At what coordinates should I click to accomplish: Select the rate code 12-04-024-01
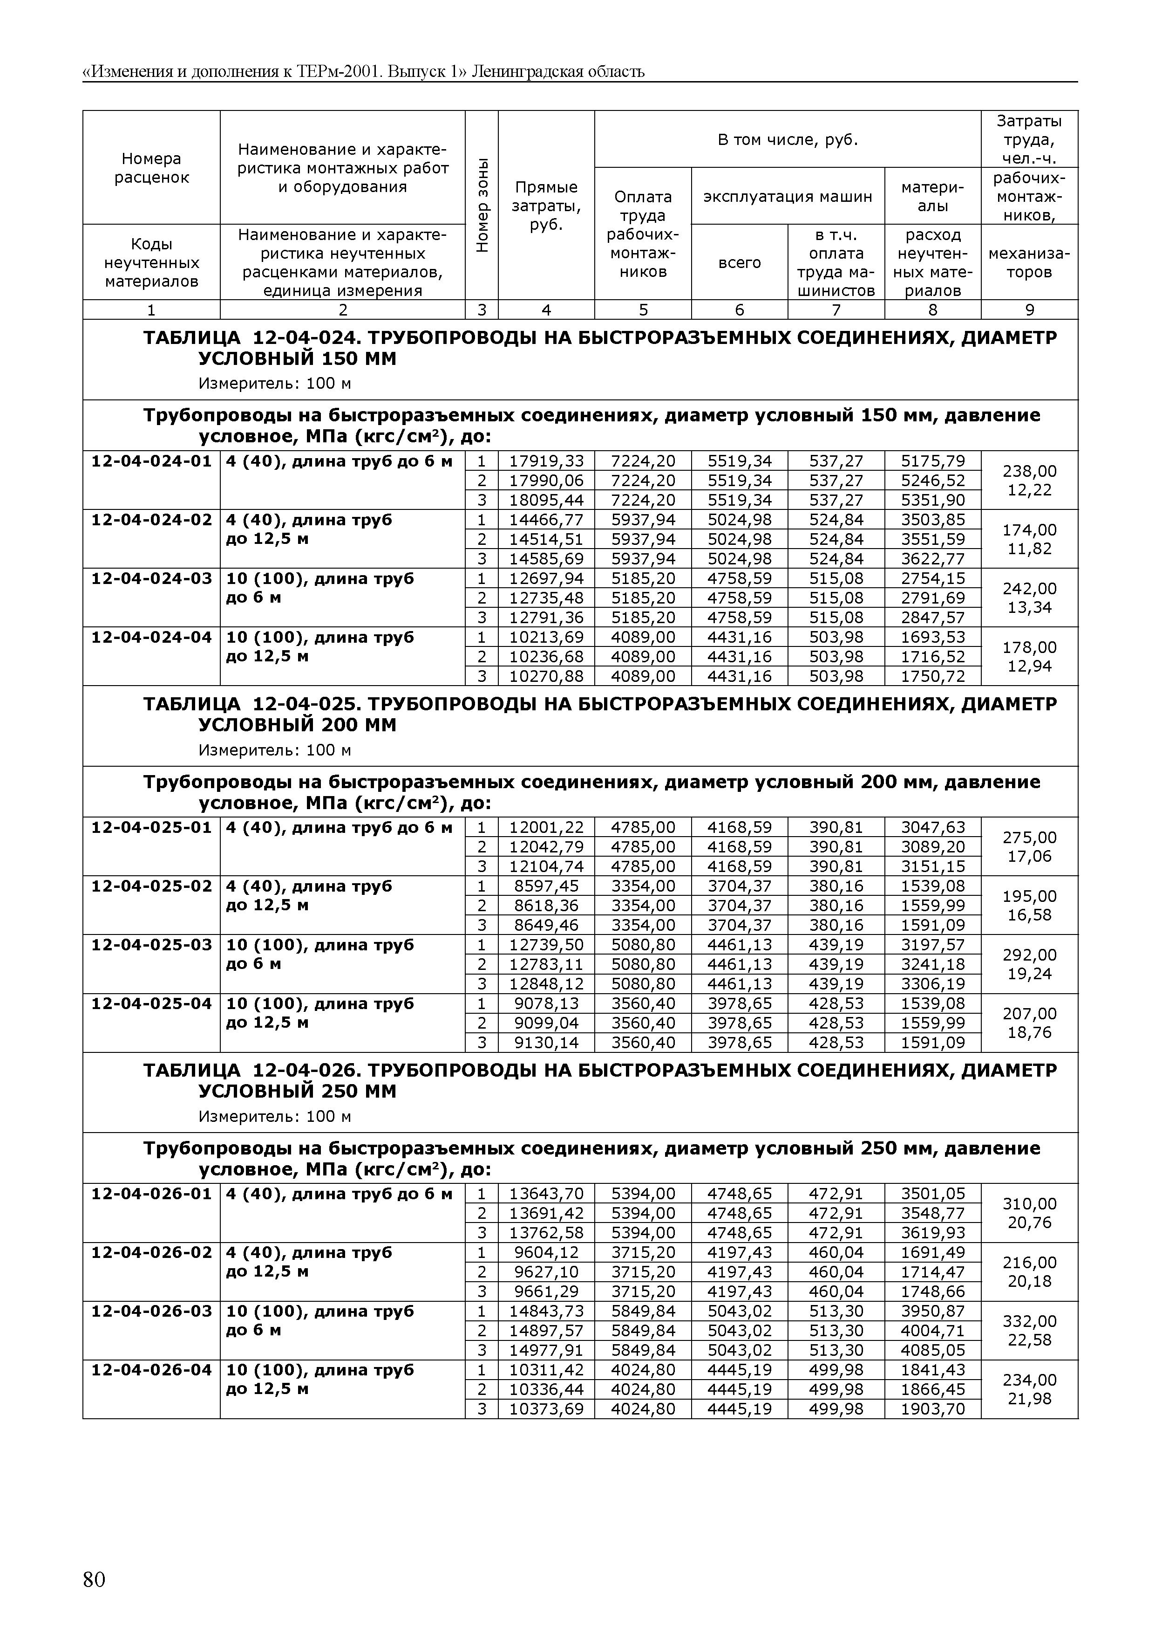pyautogui.click(x=151, y=461)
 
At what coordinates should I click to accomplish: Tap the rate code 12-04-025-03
pyautogui.click(x=151, y=945)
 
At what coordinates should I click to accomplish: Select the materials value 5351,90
pyautogui.click(x=932, y=500)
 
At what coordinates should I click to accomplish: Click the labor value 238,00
pyautogui.click(x=1029, y=471)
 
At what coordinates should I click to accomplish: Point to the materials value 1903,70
pyautogui.click(x=932, y=1408)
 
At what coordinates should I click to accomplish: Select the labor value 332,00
pyautogui.click(x=1029, y=1321)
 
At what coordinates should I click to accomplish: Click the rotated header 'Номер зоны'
pyautogui.click(x=482, y=204)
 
